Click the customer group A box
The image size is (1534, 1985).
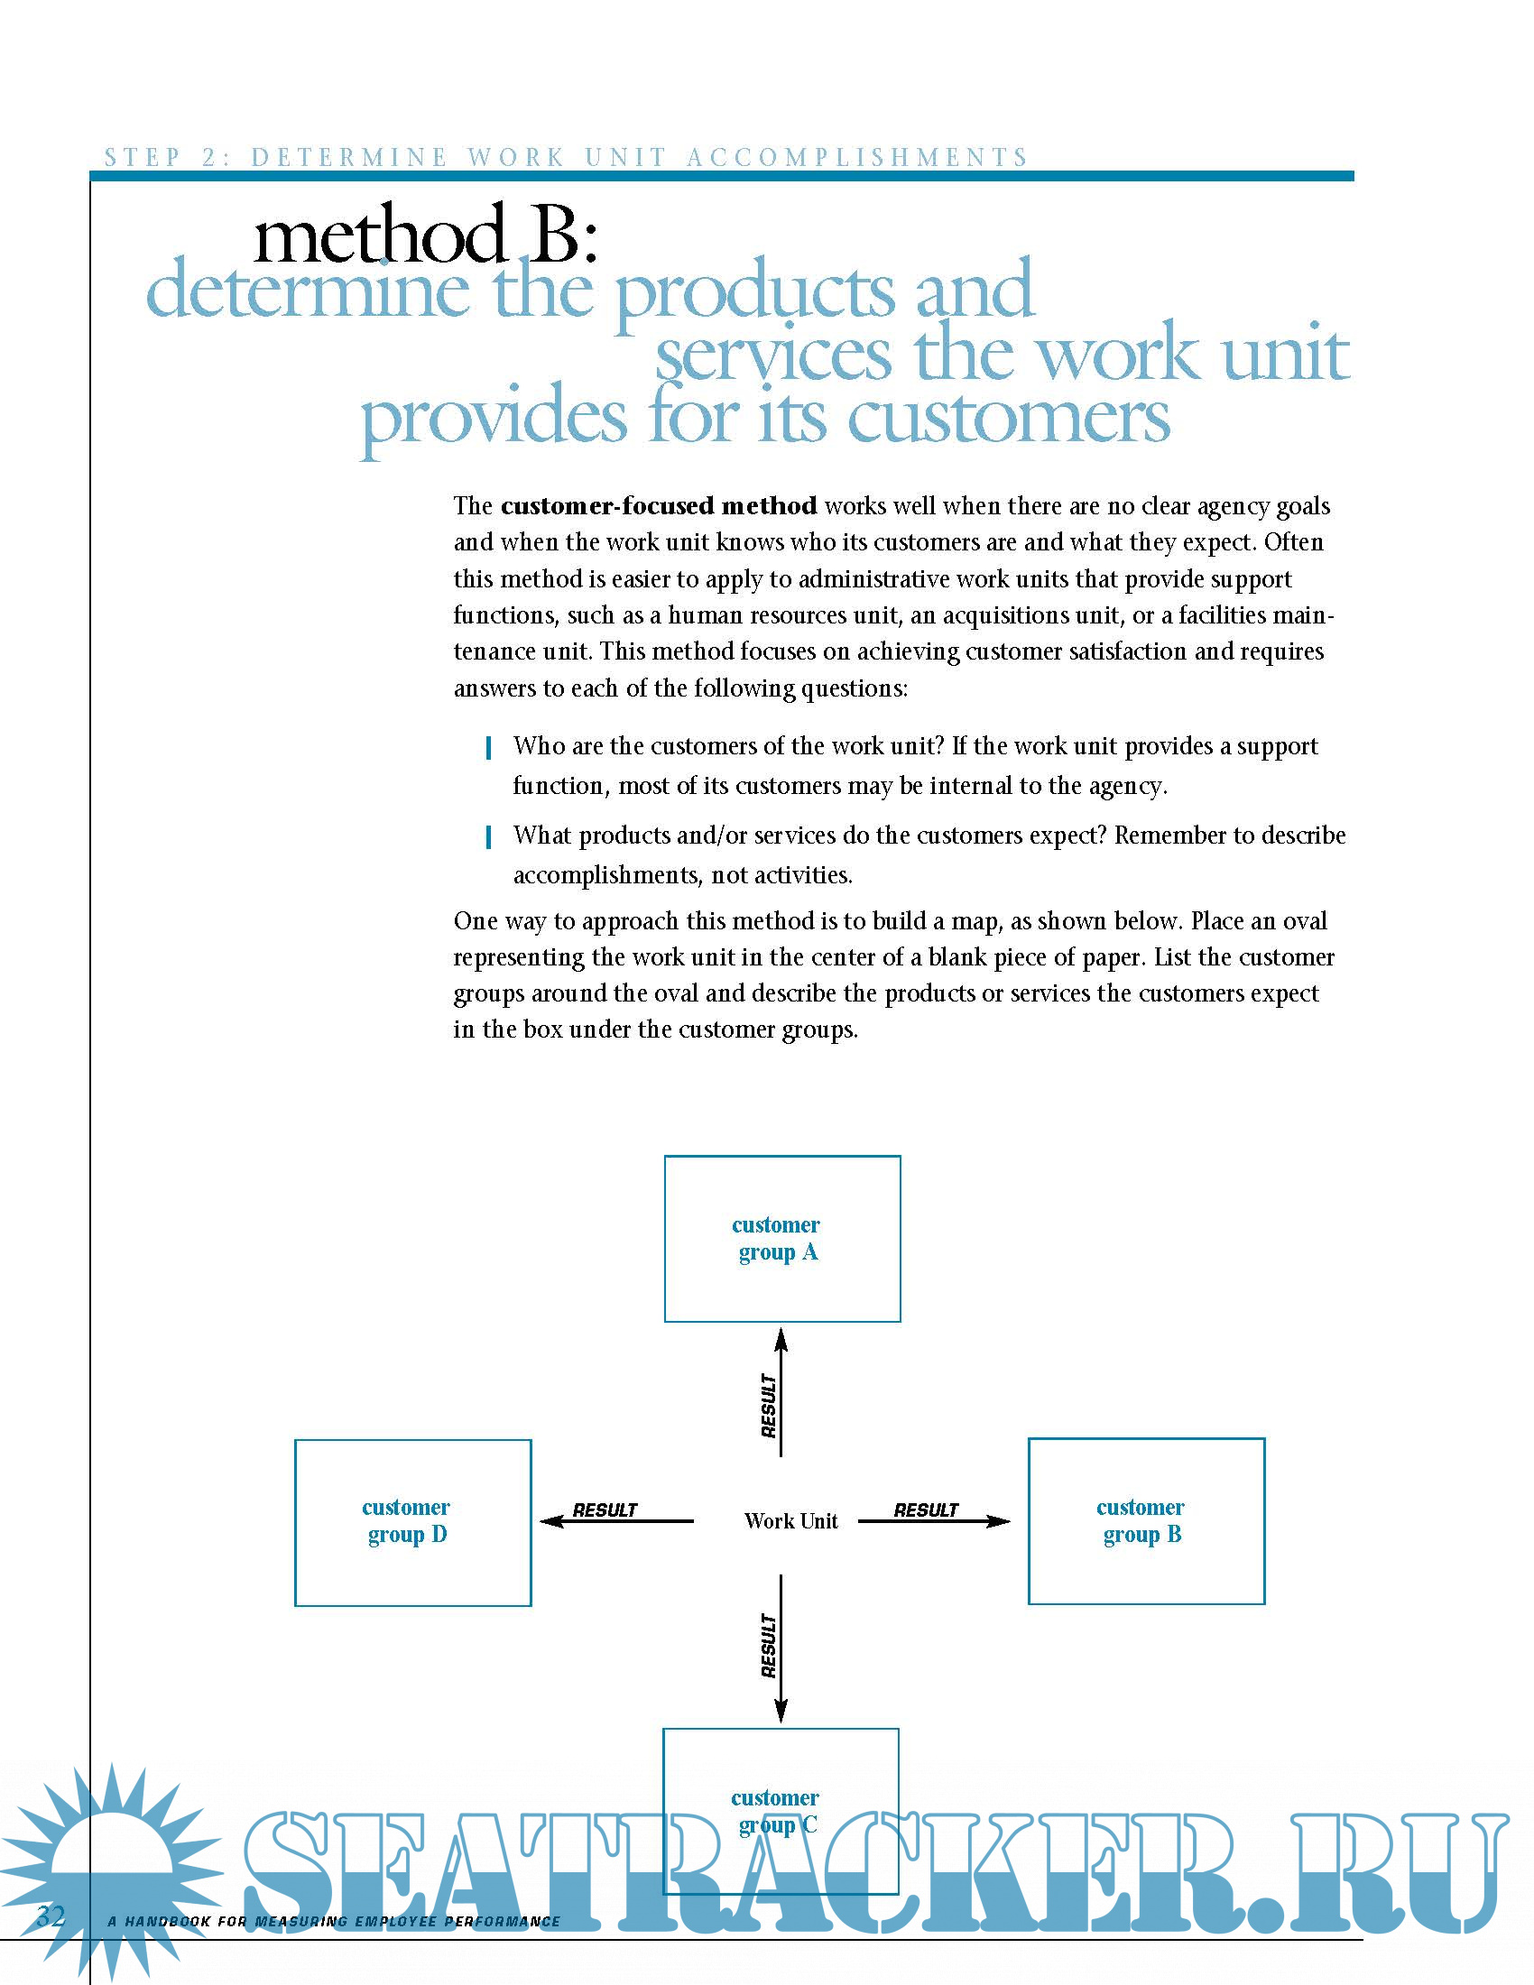pyautogui.click(x=781, y=1238)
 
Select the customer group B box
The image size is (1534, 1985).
pyautogui.click(x=1146, y=1520)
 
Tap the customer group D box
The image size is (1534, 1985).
pyautogui.click(x=412, y=1522)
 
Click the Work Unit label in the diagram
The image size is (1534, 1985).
pyautogui.click(x=790, y=1521)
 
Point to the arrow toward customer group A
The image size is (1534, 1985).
pyautogui.click(x=781, y=1390)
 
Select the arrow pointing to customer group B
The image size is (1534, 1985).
pyautogui.click(x=934, y=1521)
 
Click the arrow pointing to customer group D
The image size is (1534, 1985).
pyautogui.click(x=616, y=1521)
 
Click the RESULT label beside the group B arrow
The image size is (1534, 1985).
pyautogui.click(x=925, y=1510)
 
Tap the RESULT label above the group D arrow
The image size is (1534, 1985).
pyautogui.click(x=605, y=1510)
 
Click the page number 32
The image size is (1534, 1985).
pyautogui.click(x=51, y=1916)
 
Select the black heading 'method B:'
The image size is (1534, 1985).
pyautogui.click(x=425, y=235)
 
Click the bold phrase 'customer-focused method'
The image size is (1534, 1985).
pyautogui.click(x=658, y=505)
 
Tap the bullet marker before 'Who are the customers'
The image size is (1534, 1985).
pyautogui.click(x=489, y=748)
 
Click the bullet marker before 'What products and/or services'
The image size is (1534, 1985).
pyautogui.click(x=489, y=837)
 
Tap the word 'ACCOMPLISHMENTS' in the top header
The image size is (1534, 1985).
pyautogui.click(x=856, y=157)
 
